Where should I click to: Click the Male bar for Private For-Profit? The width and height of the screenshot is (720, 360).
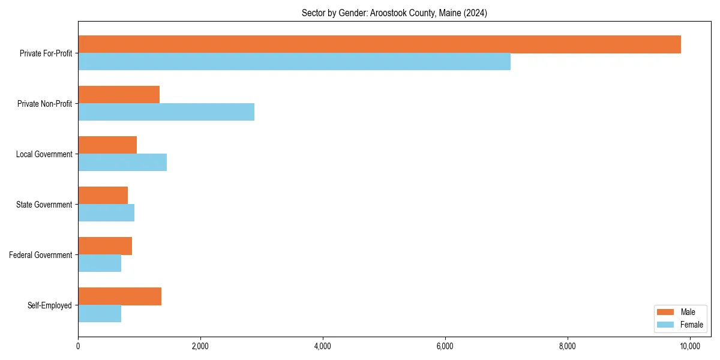pyautogui.click(x=379, y=44)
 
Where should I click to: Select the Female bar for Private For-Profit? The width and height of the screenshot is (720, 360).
pyautogui.click(x=294, y=62)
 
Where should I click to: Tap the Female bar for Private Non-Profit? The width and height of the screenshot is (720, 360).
pyautogui.click(x=166, y=112)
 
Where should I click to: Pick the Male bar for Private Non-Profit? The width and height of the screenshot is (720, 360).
pyautogui.click(x=119, y=95)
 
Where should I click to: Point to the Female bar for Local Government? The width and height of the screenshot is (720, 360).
pyautogui.click(x=122, y=163)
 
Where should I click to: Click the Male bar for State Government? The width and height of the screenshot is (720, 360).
pyautogui.click(x=103, y=196)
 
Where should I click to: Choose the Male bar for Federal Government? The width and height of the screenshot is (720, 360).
pyautogui.click(x=105, y=246)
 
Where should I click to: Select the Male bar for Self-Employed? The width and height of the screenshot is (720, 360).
pyautogui.click(x=119, y=296)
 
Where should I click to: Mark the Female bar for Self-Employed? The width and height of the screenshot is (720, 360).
pyautogui.click(x=100, y=314)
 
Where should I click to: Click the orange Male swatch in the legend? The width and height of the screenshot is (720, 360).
pyautogui.click(x=666, y=312)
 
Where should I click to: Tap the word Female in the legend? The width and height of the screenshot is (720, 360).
pyautogui.click(x=691, y=325)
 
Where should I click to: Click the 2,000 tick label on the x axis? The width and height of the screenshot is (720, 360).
pyautogui.click(x=200, y=346)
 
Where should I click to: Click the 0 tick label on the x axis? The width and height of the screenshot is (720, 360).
pyautogui.click(x=78, y=346)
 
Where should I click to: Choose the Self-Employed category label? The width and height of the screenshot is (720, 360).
pyautogui.click(x=50, y=305)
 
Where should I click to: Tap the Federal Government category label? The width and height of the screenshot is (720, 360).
pyautogui.click(x=41, y=255)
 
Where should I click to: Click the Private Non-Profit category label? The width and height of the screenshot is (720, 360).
pyautogui.click(x=45, y=104)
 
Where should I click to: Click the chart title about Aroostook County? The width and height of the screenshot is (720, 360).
pyautogui.click(x=394, y=13)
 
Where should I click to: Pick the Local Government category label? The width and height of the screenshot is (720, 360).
pyautogui.click(x=44, y=154)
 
